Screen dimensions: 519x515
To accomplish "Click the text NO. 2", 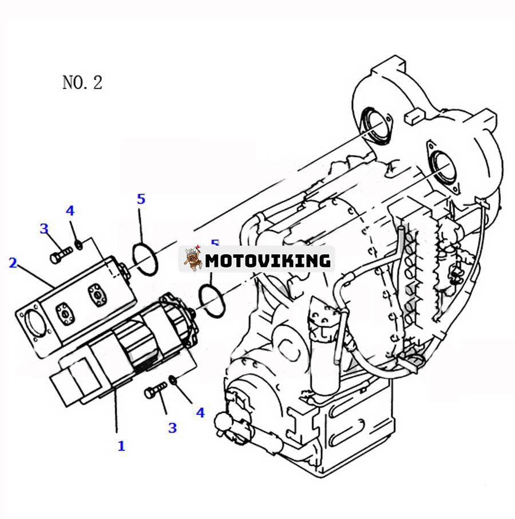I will [82, 82].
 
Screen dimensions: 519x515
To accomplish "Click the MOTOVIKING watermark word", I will [268, 261].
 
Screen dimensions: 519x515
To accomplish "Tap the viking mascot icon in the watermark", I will [193, 259].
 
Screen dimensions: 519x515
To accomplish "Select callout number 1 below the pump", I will [121, 446].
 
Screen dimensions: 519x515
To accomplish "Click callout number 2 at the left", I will [13, 263].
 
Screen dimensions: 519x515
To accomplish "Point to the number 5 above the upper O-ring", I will [141, 199].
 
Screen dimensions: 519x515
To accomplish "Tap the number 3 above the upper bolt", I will [44, 229].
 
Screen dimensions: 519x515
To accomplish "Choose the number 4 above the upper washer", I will [70, 211].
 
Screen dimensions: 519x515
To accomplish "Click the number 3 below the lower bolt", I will [172, 428].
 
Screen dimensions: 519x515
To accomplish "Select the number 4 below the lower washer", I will [200, 412].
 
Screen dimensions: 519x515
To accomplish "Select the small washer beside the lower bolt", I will [173, 380].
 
